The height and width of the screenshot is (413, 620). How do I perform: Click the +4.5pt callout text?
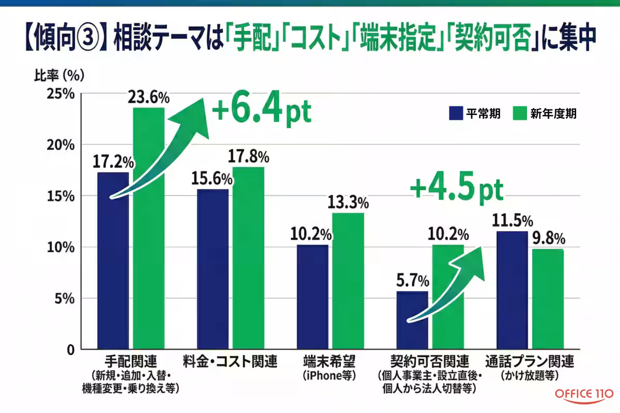pos(456,189)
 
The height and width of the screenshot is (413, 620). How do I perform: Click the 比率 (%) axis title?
pos(58,75)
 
